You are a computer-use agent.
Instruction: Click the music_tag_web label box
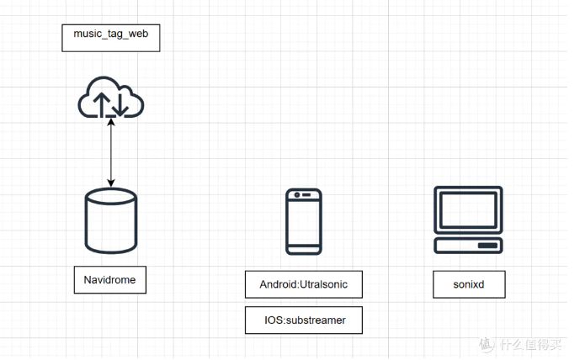point(110,37)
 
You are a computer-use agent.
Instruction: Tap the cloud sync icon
point(110,98)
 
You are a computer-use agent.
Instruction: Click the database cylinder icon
point(111,220)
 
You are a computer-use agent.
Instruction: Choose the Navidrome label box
point(110,279)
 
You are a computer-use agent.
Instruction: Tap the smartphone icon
point(303,220)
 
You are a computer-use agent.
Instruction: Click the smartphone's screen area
point(303,223)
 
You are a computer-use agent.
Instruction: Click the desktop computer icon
point(469,220)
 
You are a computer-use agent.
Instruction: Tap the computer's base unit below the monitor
point(469,245)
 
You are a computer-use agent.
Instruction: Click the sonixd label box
point(469,284)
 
